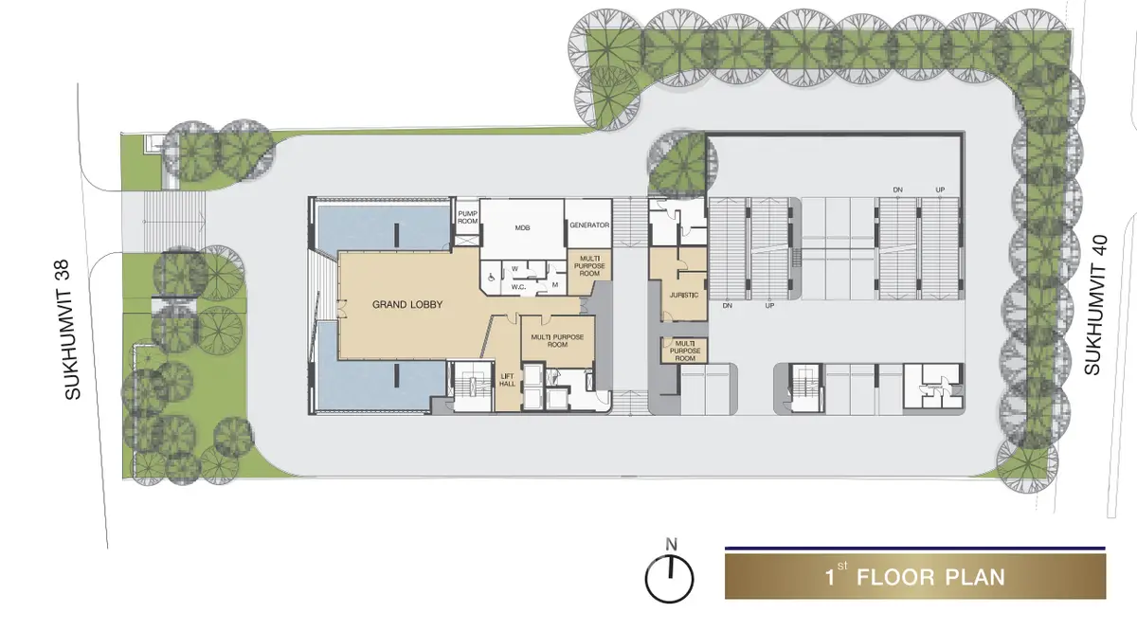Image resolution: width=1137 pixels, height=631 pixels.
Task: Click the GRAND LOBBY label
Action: tap(407, 304)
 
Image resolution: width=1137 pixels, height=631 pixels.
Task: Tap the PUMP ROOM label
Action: tap(467, 218)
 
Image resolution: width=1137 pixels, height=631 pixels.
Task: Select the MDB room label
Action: tap(522, 228)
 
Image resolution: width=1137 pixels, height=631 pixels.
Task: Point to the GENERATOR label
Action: tap(589, 225)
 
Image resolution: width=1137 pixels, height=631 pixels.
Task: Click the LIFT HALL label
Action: tap(507, 380)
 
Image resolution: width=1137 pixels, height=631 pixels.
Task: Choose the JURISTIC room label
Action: tap(684, 295)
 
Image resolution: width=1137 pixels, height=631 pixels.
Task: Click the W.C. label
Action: tap(518, 287)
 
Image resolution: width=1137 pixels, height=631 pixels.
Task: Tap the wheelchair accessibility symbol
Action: tap(491, 278)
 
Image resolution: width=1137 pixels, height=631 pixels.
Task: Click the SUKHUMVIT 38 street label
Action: tap(73, 330)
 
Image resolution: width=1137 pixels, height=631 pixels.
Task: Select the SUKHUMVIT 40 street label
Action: tap(1095, 304)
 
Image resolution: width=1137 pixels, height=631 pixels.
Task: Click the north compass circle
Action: tap(670, 579)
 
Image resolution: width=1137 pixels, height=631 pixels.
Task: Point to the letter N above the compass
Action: tap(671, 545)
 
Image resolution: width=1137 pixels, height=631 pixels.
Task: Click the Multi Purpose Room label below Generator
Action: tap(589, 266)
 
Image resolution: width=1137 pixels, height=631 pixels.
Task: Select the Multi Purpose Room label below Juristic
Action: tap(685, 351)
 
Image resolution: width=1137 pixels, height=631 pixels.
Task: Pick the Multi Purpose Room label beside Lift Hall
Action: tap(557, 341)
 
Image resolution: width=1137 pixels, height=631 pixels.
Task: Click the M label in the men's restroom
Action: tap(555, 285)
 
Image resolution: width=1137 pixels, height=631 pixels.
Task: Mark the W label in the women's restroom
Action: tap(514, 268)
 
